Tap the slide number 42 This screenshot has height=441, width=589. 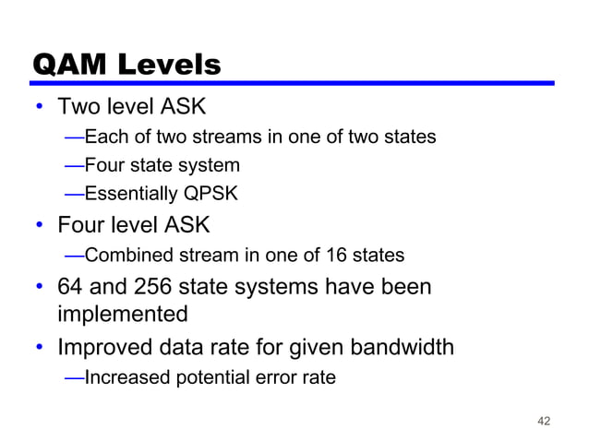tap(543, 421)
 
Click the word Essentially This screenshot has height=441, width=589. tap(130, 195)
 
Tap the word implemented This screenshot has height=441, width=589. tap(123, 314)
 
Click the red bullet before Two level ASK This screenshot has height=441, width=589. tap(41, 108)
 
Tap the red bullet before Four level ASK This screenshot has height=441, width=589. tap(41, 225)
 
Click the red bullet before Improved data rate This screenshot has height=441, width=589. tap(41, 349)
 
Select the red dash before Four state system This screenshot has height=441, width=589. tap(74, 166)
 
